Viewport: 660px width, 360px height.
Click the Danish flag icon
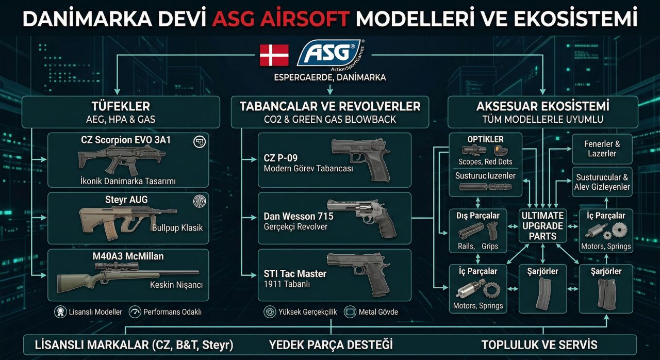(274, 55)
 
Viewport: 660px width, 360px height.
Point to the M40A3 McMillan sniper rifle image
(126, 275)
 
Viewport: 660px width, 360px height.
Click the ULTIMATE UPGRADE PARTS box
(542, 226)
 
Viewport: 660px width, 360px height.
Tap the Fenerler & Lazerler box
(602, 149)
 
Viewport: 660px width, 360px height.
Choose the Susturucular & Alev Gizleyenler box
(602, 182)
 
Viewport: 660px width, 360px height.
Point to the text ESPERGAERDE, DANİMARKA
(330, 77)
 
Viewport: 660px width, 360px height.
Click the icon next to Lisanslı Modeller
(61, 312)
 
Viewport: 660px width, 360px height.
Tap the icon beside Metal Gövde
(350, 312)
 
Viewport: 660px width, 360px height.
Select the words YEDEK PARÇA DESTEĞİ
(331, 345)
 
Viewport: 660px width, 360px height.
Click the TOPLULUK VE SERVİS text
(539, 345)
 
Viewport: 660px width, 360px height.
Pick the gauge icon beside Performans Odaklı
(135, 312)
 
